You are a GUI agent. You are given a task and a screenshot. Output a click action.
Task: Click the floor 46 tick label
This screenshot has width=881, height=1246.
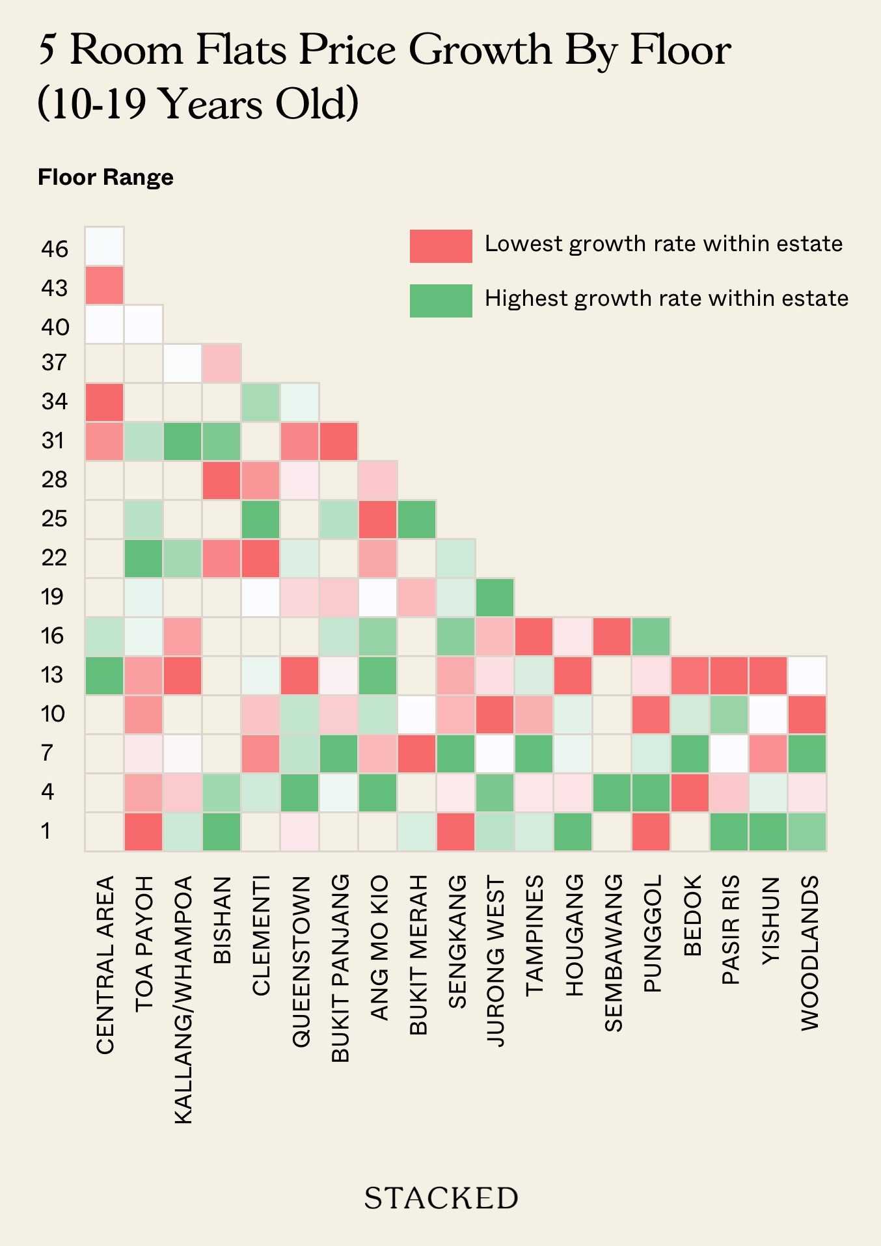pyautogui.click(x=54, y=249)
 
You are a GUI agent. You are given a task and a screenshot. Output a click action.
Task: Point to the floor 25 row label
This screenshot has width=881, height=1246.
pyautogui.click(x=54, y=519)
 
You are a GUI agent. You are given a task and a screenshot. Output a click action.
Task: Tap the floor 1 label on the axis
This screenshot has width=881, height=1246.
pyautogui.click(x=46, y=831)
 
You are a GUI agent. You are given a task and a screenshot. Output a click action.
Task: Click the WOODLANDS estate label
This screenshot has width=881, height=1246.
pyautogui.click(x=809, y=953)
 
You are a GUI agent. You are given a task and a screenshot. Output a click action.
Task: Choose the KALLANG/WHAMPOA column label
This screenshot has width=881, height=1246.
pyautogui.click(x=183, y=999)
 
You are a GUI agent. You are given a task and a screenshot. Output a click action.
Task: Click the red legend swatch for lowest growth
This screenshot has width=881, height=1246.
pyautogui.click(x=440, y=246)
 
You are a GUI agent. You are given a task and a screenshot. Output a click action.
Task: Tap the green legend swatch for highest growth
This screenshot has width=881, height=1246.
pyautogui.click(x=440, y=301)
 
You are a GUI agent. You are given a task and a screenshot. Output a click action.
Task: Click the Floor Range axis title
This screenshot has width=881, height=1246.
pyautogui.click(x=105, y=177)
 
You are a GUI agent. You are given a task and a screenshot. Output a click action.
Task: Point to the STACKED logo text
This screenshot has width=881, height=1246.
pyautogui.click(x=440, y=1198)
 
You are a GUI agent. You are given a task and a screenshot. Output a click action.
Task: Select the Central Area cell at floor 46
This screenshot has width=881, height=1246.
pyautogui.click(x=104, y=246)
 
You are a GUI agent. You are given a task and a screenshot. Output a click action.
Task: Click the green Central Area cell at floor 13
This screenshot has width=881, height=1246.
pyautogui.click(x=104, y=675)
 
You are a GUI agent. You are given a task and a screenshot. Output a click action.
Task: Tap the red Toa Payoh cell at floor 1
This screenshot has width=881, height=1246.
pyautogui.click(x=143, y=832)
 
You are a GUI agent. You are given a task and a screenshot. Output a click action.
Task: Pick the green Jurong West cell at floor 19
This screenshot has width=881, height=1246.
pyautogui.click(x=495, y=597)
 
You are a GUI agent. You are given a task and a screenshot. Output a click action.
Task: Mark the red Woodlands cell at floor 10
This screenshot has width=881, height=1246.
pyautogui.click(x=807, y=714)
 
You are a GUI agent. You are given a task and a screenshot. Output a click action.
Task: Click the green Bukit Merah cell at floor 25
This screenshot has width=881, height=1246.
pyautogui.click(x=417, y=519)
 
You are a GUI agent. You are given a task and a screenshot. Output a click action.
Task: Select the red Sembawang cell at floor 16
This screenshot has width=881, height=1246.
pyautogui.click(x=612, y=636)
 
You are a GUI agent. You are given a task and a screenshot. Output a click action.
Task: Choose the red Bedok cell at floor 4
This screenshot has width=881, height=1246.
pyautogui.click(x=690, y=792)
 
